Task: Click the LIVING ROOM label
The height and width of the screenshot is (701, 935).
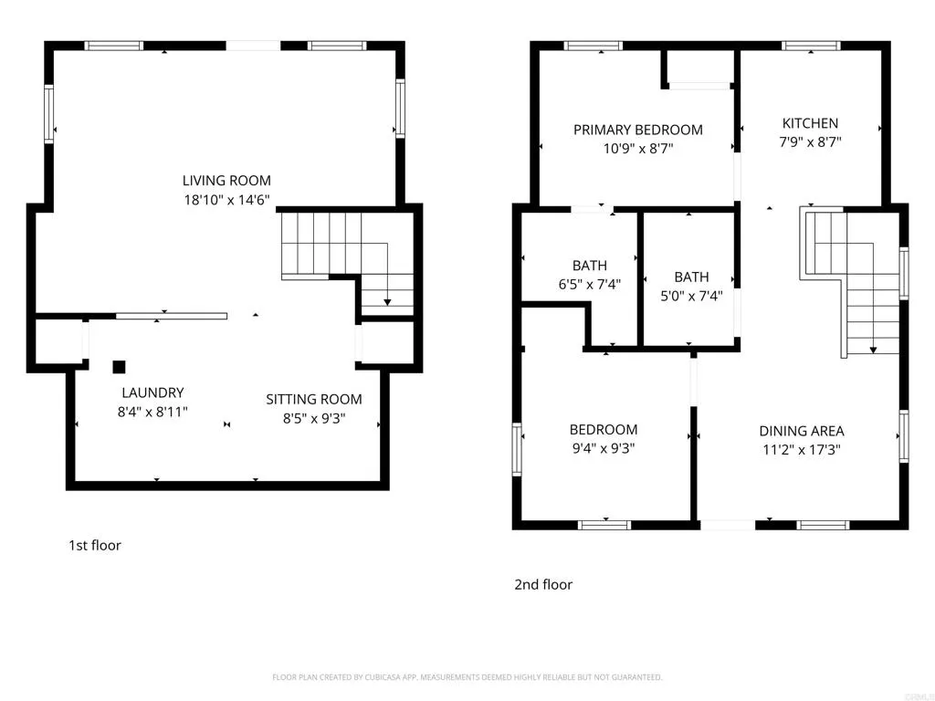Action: (x=226, y=181)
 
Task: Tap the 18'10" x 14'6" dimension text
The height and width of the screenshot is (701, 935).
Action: (x=226, y=199)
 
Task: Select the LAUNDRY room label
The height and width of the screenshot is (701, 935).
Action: (x=152, y=392)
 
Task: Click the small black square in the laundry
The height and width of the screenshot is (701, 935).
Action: (x=119, y=367)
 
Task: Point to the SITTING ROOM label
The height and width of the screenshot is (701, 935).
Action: (x=314, y=399)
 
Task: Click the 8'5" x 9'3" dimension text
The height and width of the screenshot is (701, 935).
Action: (x=314, y=418)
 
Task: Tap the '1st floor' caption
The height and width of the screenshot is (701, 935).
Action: (x=95, y=546)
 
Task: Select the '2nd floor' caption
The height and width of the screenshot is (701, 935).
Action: (x=543, y=584)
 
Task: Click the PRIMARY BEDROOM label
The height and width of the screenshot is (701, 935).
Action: (x=638, y=130)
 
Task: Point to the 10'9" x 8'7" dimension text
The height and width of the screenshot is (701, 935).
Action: (x=638, y=148)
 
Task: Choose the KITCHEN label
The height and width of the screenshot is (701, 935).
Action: (x=810, y=123)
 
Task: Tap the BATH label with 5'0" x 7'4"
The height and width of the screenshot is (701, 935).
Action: (x=691, y=277)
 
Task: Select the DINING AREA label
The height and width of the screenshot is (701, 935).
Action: (x=802, y=431)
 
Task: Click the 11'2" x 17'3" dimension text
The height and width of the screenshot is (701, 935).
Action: (x=802, y=449)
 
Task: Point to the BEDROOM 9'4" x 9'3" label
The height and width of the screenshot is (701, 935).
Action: (x=604, y=430)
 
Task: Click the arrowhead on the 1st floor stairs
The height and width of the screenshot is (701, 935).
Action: (x=387, y=302)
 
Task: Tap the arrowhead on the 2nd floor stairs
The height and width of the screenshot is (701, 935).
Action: (x=873, y=349)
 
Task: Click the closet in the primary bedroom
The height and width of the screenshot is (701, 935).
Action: (x=699, y=68)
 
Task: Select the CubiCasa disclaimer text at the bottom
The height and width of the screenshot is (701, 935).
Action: (x=467, y=677)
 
